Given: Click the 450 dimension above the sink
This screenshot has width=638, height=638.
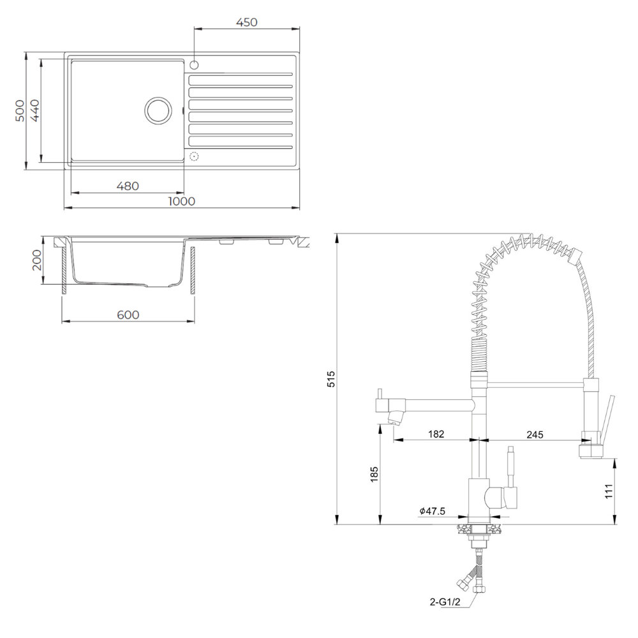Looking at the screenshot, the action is coord(246,22).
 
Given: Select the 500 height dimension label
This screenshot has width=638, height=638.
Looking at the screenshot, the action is coord(20,110).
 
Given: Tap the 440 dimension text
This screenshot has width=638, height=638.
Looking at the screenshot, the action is coord(35,110).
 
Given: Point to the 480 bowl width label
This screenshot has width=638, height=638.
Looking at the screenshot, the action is coord(128,186).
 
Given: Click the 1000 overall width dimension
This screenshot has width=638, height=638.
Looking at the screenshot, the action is coord(181,201).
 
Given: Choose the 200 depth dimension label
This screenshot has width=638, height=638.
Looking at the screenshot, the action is coord(36,260).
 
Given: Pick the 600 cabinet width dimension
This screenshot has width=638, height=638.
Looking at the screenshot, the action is coord(128,315).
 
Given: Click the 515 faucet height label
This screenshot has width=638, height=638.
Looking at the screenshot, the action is coord(331,379).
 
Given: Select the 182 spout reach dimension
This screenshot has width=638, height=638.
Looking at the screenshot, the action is coord(436,434).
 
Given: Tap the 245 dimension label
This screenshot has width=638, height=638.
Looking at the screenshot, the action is coord(535,434).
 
